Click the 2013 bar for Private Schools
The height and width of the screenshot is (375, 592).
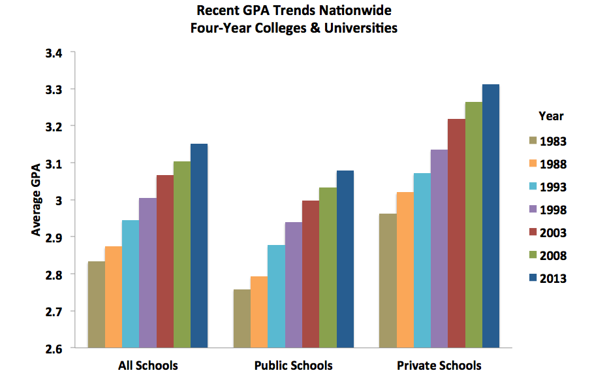click(x=490, y=216)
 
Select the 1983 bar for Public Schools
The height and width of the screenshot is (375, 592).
click(x=241, y=318)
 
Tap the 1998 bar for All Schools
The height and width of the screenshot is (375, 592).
click(x=148, y=272)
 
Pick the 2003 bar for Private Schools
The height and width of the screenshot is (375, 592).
click(x=456, y=233)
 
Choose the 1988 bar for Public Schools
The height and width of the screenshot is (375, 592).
click(x=258, y=312)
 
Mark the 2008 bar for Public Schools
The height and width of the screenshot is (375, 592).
click(x=327, y=268)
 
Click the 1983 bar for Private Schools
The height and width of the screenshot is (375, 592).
click(x=388, y=281)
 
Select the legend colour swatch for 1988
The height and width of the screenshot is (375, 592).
click(x=533, y=164)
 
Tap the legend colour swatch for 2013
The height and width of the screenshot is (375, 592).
click(x=533, y=278)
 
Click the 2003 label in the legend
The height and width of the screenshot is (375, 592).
click(x=553, y=233)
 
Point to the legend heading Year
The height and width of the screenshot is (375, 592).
click(x=551, y=116)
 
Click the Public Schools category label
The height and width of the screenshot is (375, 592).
click(x=293, y=365)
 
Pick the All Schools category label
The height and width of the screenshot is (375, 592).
click(x=148, y=365)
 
